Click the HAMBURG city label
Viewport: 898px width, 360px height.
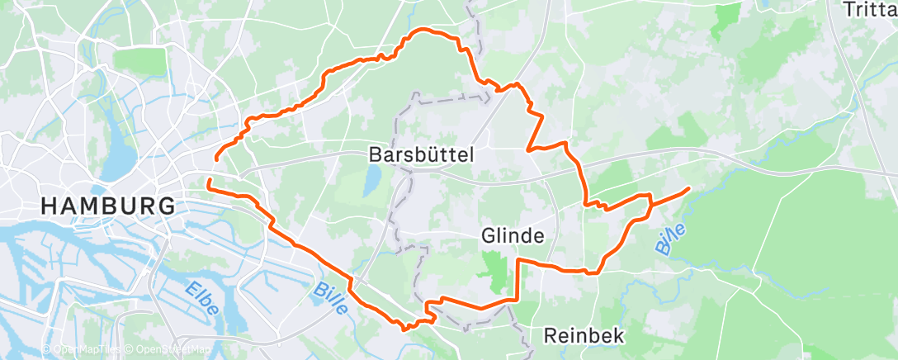(108, 206)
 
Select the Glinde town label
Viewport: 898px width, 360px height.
(513, 236)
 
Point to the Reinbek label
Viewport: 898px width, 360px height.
(584, 336)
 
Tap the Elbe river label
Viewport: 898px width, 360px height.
(201, 299)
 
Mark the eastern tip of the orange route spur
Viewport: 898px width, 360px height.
(688, 190)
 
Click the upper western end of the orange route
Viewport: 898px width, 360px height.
(216, 157)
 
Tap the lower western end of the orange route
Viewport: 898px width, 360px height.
(208, 179)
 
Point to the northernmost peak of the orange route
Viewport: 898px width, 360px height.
(423, 31)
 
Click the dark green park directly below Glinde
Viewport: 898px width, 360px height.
(496, 272)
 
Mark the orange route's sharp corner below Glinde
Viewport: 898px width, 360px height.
(518, 260)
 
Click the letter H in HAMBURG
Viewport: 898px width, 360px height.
(49, 206)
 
